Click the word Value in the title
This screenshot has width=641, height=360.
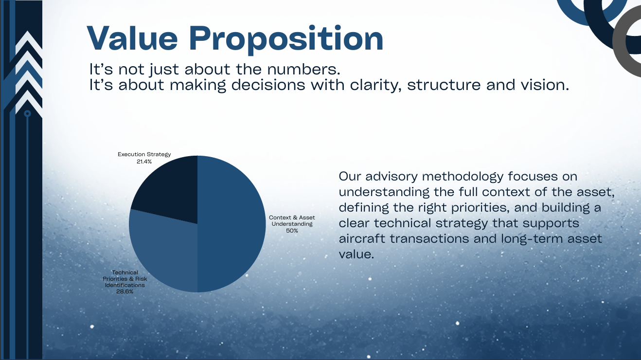pos(132,38)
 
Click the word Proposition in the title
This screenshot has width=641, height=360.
pos(286,40)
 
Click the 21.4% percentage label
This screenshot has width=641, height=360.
pos(144,162)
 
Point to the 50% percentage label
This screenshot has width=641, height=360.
pos(292,231)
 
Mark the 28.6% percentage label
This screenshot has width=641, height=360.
pos(125,291)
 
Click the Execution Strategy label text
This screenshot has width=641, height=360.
pos(144,155)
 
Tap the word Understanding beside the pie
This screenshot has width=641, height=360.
pos(292,224)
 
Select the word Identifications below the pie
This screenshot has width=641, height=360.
pos(125,285)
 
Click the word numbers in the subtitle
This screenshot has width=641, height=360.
pos(303,69)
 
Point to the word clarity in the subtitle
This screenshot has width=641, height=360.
pos(374,85)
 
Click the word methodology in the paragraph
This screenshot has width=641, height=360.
pos(463,177)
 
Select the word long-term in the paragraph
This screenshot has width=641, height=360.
pos(532,239)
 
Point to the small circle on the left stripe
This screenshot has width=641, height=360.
pos(27,114)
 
